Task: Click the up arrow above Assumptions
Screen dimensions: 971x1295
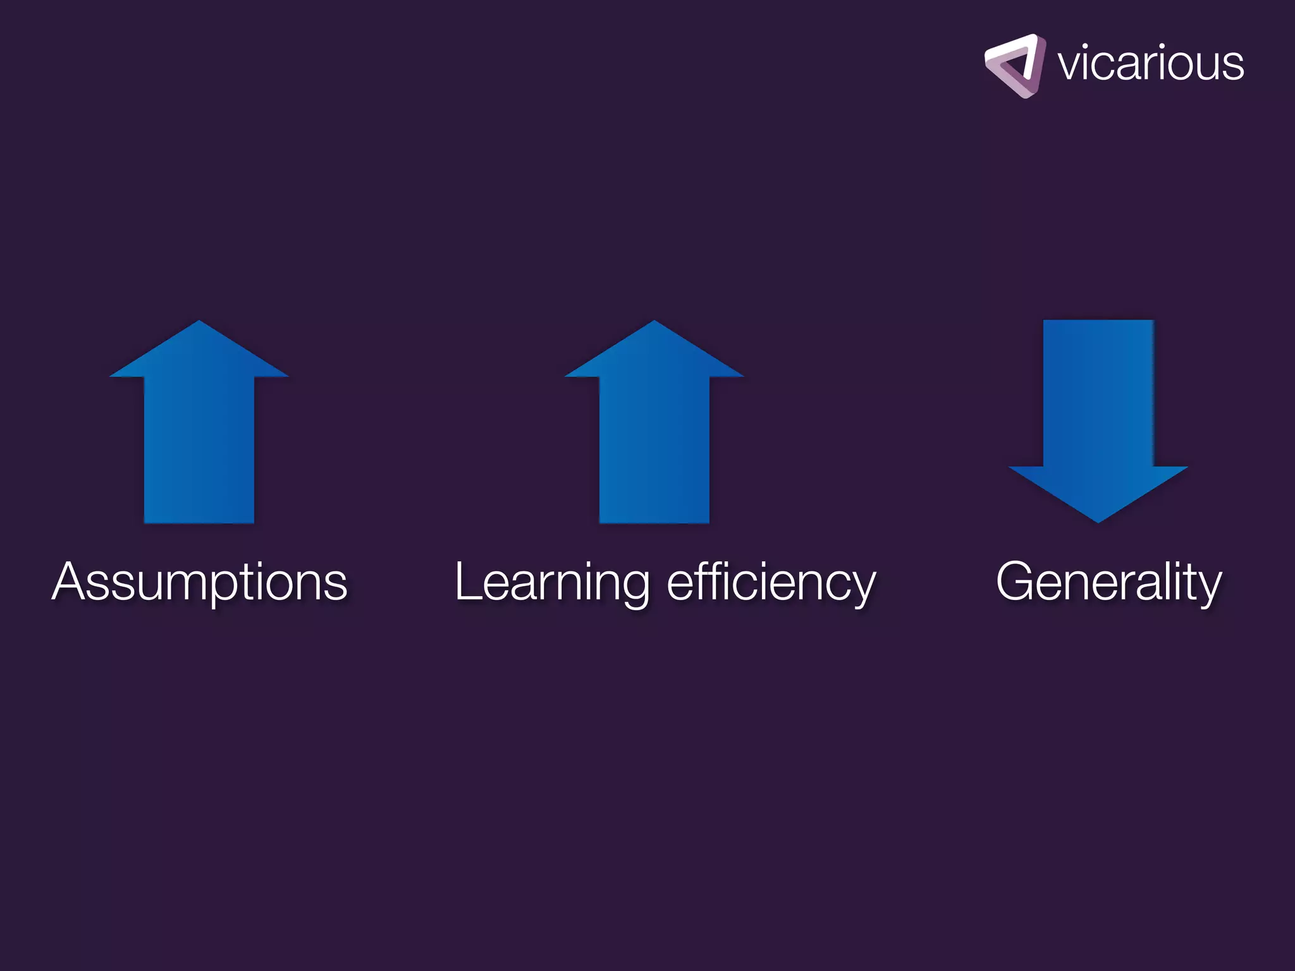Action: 199,430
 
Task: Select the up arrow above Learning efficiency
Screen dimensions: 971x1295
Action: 654,430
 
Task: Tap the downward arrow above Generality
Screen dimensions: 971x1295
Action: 1098,417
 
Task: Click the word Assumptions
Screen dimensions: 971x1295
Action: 199,582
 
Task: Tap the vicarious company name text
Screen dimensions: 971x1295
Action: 1150,64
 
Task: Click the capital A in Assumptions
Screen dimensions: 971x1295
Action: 71,581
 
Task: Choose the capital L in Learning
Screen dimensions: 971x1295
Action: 469,581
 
